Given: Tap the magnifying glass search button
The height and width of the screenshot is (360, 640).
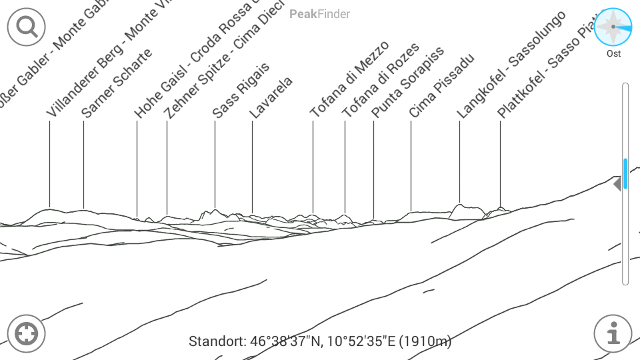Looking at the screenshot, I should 26,27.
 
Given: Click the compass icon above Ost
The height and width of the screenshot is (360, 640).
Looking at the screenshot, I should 613,27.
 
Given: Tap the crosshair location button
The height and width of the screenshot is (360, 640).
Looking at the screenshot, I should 26,333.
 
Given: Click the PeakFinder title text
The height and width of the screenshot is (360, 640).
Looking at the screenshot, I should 320,13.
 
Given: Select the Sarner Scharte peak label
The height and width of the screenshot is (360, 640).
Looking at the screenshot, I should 117,83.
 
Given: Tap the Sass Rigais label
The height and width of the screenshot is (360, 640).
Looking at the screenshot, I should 241,91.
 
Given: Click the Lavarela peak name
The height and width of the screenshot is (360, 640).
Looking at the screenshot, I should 271,99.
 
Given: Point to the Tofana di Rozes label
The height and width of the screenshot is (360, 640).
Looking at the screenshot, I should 381,81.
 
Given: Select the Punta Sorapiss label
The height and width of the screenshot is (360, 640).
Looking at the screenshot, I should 407,83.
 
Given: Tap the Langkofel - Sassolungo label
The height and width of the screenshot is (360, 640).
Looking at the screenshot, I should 511,65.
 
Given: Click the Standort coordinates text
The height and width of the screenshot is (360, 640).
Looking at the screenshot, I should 320,342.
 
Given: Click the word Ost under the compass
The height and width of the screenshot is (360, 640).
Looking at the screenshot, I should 613,53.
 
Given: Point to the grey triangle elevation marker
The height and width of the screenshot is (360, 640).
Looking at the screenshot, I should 617,183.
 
